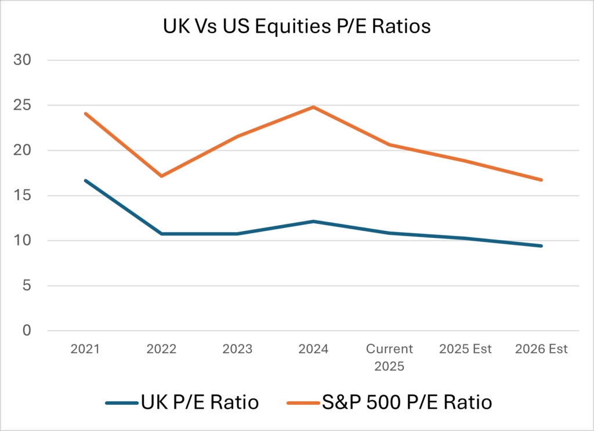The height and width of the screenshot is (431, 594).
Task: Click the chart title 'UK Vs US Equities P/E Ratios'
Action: click(x=297, y=27)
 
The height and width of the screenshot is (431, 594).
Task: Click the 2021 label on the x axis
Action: click(x=85, y=349)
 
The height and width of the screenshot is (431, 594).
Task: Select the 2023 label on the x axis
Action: click(x=237, y=349)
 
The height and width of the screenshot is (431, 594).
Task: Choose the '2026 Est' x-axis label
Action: click(x=541, y=349)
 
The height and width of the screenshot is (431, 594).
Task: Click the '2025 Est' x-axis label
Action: click(x=465, y=349)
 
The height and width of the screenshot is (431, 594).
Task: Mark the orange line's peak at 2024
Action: click(x=313, y=107)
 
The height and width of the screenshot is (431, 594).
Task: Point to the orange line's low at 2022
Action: click(x=161, y=176)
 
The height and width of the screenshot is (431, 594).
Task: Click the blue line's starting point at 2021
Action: click(x=85, y=180)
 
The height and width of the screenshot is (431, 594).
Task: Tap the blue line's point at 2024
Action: click(x=313, y=221)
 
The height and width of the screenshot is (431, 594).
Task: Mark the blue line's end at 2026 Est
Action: click(x=541, y=246)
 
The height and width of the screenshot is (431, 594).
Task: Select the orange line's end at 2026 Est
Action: click(x=541, y=180)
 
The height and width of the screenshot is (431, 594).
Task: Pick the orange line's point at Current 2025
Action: click(x=389, y=144)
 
